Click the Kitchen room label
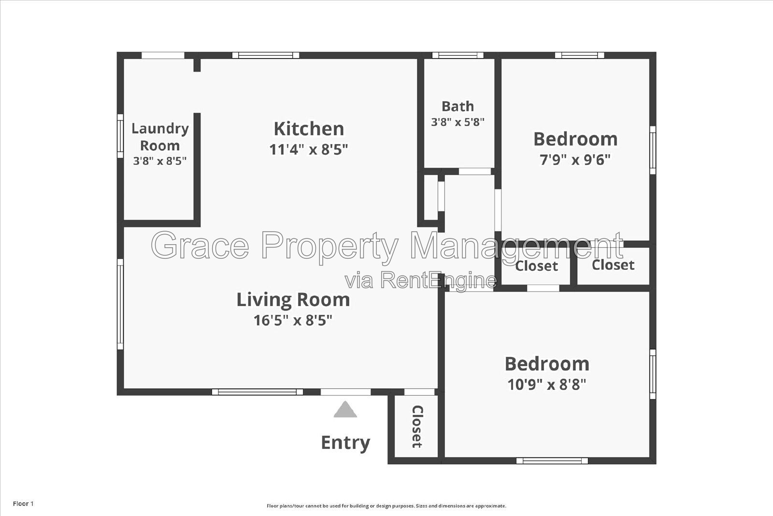pyautogui.click(x=309, y=129)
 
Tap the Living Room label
pyautogui.click(x=293, y=299)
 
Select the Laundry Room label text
pyautogui.click(x=160, y=137)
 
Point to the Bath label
pyautogui.click(x=458, y=106)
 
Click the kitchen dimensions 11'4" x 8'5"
pyautogui.click(x=309, y=149)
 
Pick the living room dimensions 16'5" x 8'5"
pyautogui.click(x=293, y=320)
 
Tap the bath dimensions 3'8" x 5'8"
pyautogui.click(x=458, y=122)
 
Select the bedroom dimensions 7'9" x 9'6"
pyautogui.click(x=575, y=160)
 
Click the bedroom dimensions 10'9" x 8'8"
pyautogui.click(x=547, y=384)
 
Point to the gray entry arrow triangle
pyautogui.click(x=345, y=410)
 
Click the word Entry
pyautogui.click(x=345, y=443)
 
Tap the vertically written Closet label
pyautogui.click(x=417, y=427)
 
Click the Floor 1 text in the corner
pyautogui.click(x=24, y=503)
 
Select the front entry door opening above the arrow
pyautogui.click(x=346, y=392)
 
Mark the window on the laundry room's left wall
pyautogui.click(x=120, y=136)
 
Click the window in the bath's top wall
pyautogui.click(x=458, y=55)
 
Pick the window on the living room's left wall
pyautogui.click(x=120, y=304)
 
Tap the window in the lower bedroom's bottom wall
pyautogui.click(x=552, y=461)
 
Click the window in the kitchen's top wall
pyautogui.click(x=266, y=55)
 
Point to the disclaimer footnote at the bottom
pyautogui.click(x=386, y=506)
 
